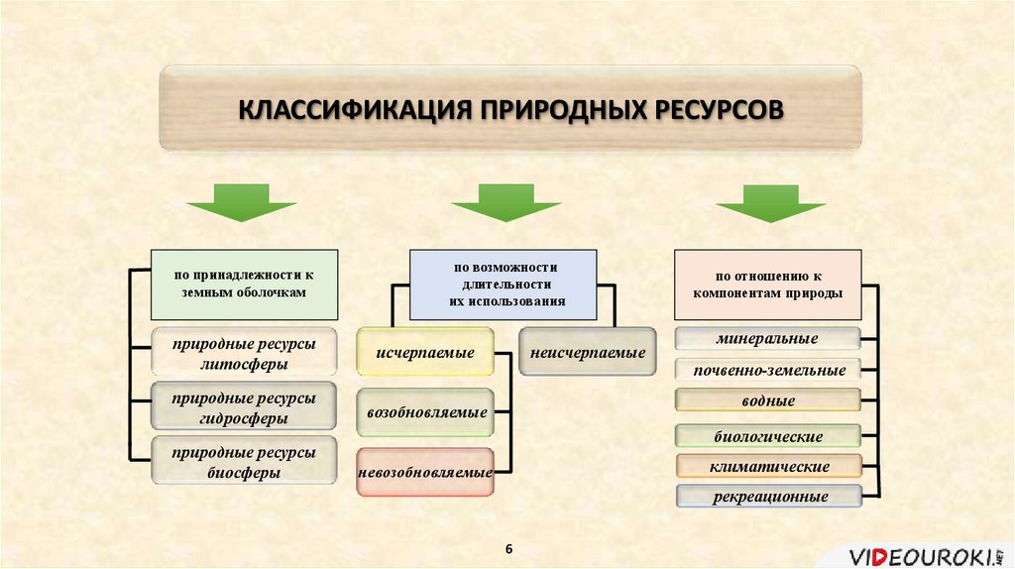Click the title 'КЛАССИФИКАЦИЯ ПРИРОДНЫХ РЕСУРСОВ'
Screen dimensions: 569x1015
[510, 108]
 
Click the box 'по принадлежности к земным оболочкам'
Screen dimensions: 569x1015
[243, 284]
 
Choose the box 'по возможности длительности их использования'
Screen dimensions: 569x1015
[505, 284]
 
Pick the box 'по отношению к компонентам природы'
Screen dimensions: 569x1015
[768, 284]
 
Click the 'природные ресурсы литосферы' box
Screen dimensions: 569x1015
[243, 354]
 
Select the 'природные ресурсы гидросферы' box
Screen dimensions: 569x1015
[243, 408]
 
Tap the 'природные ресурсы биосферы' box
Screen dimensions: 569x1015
[243, 462]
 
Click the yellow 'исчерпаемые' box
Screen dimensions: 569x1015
[424, 353]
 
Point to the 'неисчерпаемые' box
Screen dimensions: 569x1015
[587, 353]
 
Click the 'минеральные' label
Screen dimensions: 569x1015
[768, 339]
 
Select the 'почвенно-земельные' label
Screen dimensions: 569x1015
[768, 371]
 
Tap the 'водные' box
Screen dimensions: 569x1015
[768, 401]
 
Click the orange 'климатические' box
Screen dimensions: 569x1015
[768, 466]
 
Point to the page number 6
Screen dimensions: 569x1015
[509, 549]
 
